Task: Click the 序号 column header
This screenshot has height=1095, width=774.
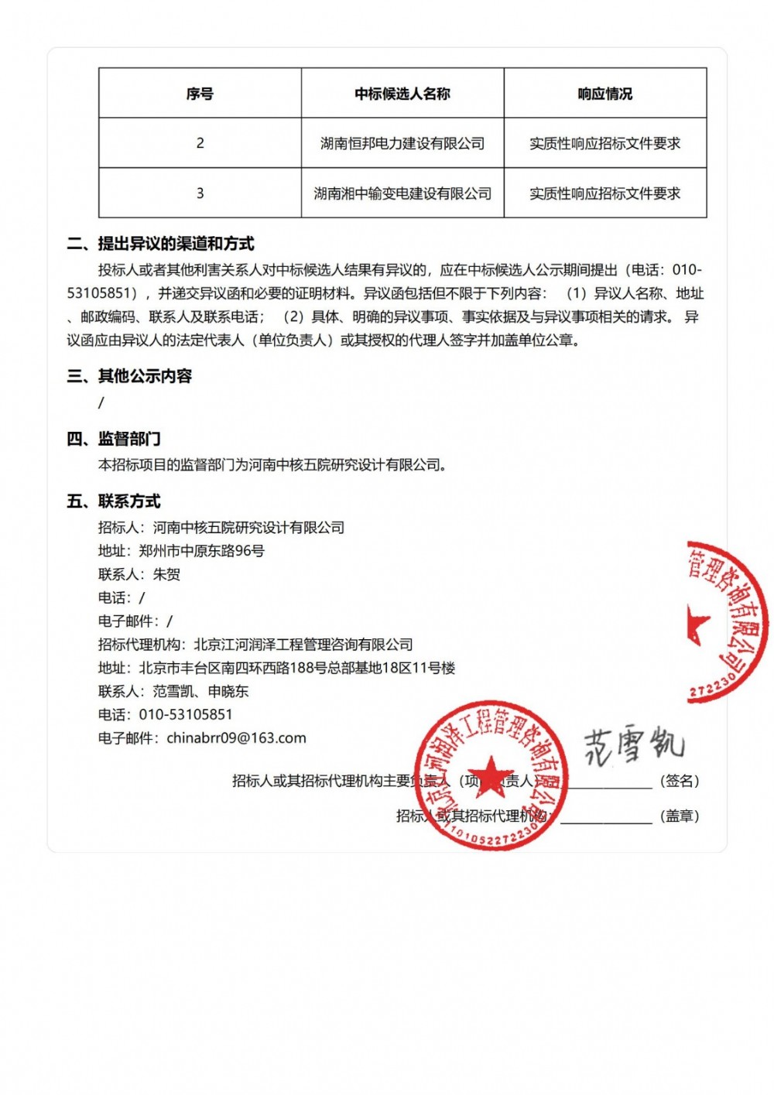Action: [200, 94]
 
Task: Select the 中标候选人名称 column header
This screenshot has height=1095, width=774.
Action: [402, 94]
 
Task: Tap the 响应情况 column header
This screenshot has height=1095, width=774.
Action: [605, 94]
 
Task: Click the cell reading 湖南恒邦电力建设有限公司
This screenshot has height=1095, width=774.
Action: [402, 143]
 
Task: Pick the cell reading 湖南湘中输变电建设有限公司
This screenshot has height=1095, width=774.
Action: [402, 193]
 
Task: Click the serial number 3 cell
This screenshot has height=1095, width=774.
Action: [200, 193]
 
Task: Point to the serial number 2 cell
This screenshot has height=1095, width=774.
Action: [200, 143]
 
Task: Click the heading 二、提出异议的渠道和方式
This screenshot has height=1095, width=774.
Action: [161, 244]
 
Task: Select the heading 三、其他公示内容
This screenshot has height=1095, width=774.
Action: [129, 376]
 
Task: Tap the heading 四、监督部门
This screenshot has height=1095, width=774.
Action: [114, 439]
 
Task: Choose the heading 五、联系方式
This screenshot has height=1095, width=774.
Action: [114, 501]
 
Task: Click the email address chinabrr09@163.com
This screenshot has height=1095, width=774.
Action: [236, 738]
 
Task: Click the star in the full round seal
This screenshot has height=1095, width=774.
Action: [490, 774]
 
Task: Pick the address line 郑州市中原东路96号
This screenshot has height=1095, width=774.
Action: [201, 551]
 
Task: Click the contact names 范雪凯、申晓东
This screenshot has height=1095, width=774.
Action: [200, 691]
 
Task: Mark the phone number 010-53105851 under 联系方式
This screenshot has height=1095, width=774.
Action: [186, 714]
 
